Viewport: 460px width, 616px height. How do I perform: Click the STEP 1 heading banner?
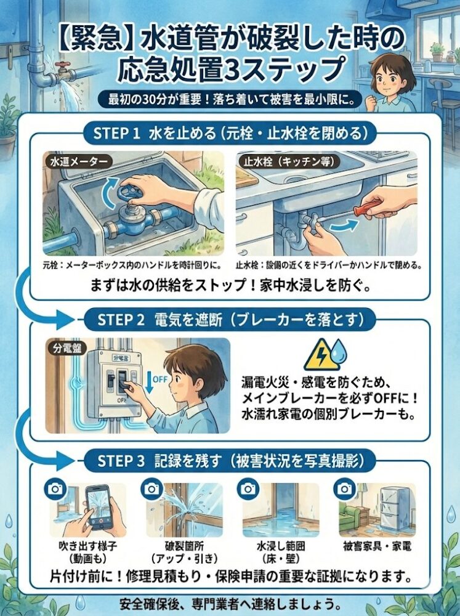coord(230,133)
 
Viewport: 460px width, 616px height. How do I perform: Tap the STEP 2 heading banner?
coord(230,320)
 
